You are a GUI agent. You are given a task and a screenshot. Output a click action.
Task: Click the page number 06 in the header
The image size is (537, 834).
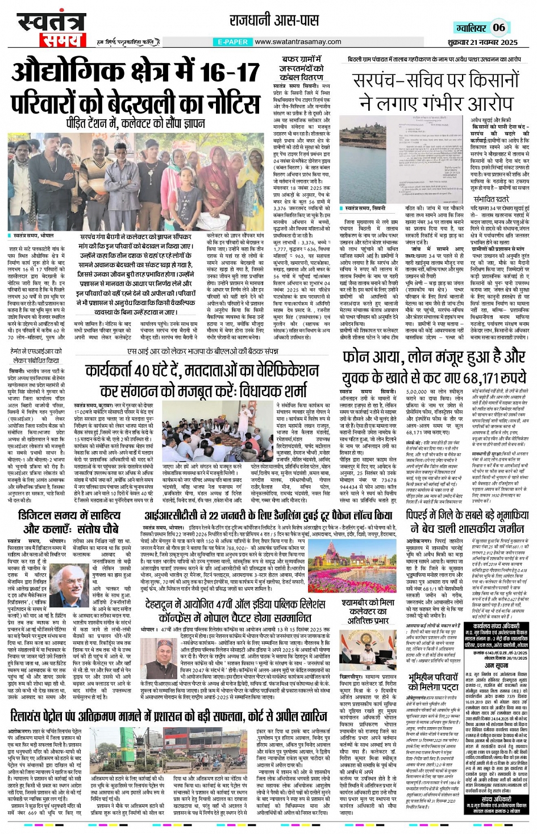tap(498, 28)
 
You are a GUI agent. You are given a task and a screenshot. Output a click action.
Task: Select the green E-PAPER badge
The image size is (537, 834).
tap(232, 42)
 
